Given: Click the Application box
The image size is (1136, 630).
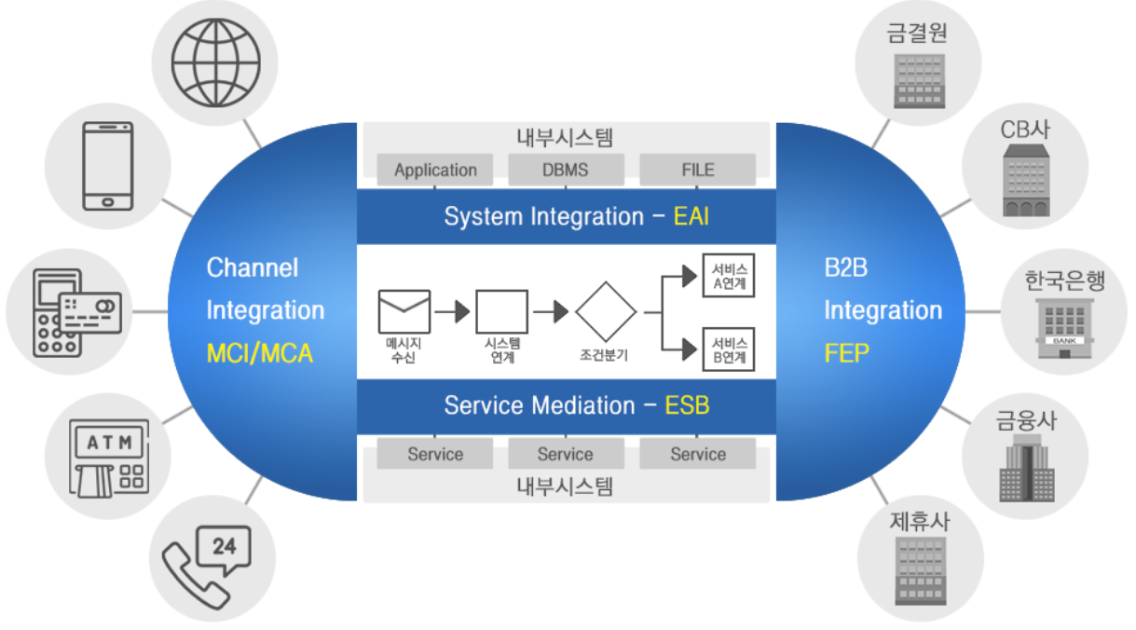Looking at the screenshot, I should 435,170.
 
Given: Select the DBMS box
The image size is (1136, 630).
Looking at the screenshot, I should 566,170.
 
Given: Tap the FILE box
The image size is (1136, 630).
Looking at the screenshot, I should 697,170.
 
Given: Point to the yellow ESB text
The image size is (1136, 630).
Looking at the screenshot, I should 688,405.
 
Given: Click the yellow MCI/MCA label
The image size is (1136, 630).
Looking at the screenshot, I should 260,354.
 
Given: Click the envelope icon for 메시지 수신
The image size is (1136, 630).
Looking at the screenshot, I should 404,311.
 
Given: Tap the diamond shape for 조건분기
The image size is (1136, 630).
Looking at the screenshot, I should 606,311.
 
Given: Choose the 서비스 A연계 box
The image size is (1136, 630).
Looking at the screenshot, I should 728,276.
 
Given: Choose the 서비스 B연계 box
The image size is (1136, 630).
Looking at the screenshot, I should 728,349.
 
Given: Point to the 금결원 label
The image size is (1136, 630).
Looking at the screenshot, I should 918,34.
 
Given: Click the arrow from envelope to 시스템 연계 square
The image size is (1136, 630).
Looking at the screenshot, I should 453,311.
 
